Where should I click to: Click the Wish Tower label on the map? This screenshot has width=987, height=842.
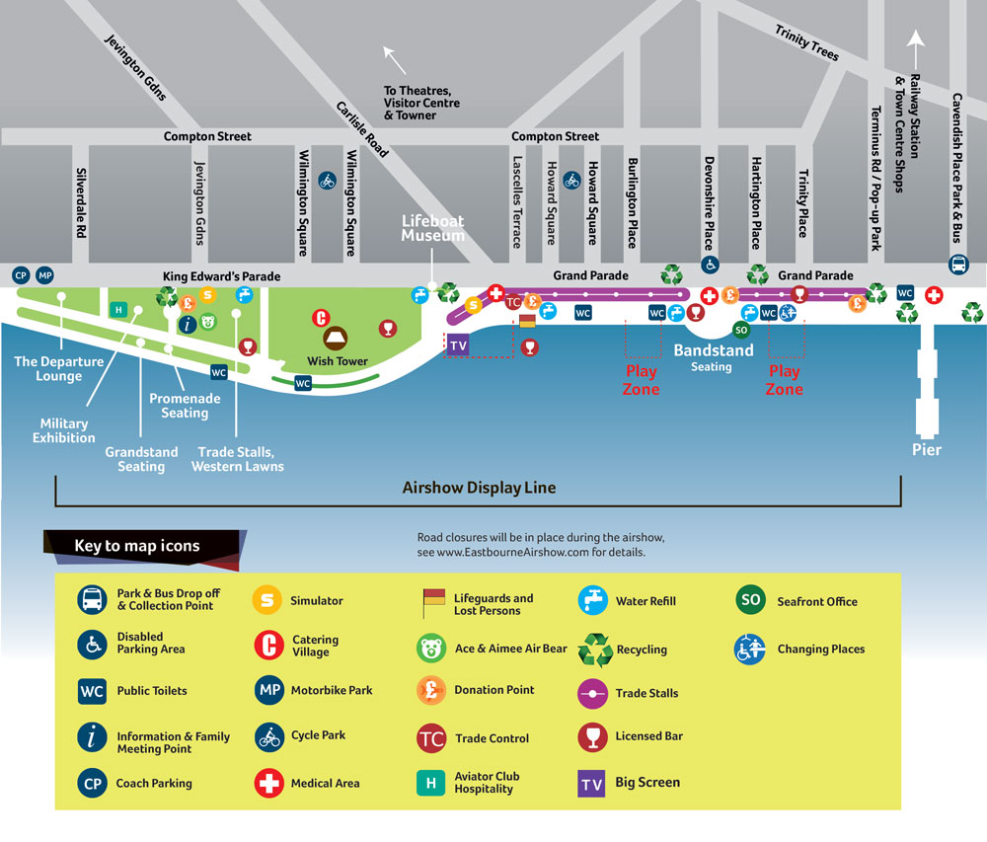tap(337, 361)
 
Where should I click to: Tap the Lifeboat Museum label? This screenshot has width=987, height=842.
tap(431, 229)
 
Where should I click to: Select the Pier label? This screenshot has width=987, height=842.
tap(926, 449)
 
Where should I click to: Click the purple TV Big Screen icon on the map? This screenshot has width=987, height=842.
tap(457, 344)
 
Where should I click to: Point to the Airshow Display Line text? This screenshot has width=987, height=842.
tap(479, 488)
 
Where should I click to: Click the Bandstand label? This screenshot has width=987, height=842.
tap(713, 350)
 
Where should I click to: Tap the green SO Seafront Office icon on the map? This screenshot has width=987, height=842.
tap(741, 329)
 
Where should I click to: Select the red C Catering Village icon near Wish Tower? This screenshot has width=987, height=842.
tap(320, 318)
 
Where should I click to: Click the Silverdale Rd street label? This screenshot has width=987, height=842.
tap(80, 202)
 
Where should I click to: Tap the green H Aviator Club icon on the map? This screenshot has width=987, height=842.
tap(118, 309)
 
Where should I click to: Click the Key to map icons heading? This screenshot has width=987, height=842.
tap(136, 546)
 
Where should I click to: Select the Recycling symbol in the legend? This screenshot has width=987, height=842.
tap(595, 650)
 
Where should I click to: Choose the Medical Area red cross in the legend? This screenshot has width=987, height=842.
tap(268, 784)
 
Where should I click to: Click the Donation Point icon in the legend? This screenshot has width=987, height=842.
tap(431, 690)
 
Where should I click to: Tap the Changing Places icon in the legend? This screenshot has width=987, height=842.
tap(750, 650)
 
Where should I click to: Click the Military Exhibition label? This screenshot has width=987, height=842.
tap(64, 430)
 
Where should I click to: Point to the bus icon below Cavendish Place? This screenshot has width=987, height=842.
tap(957, 264)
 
